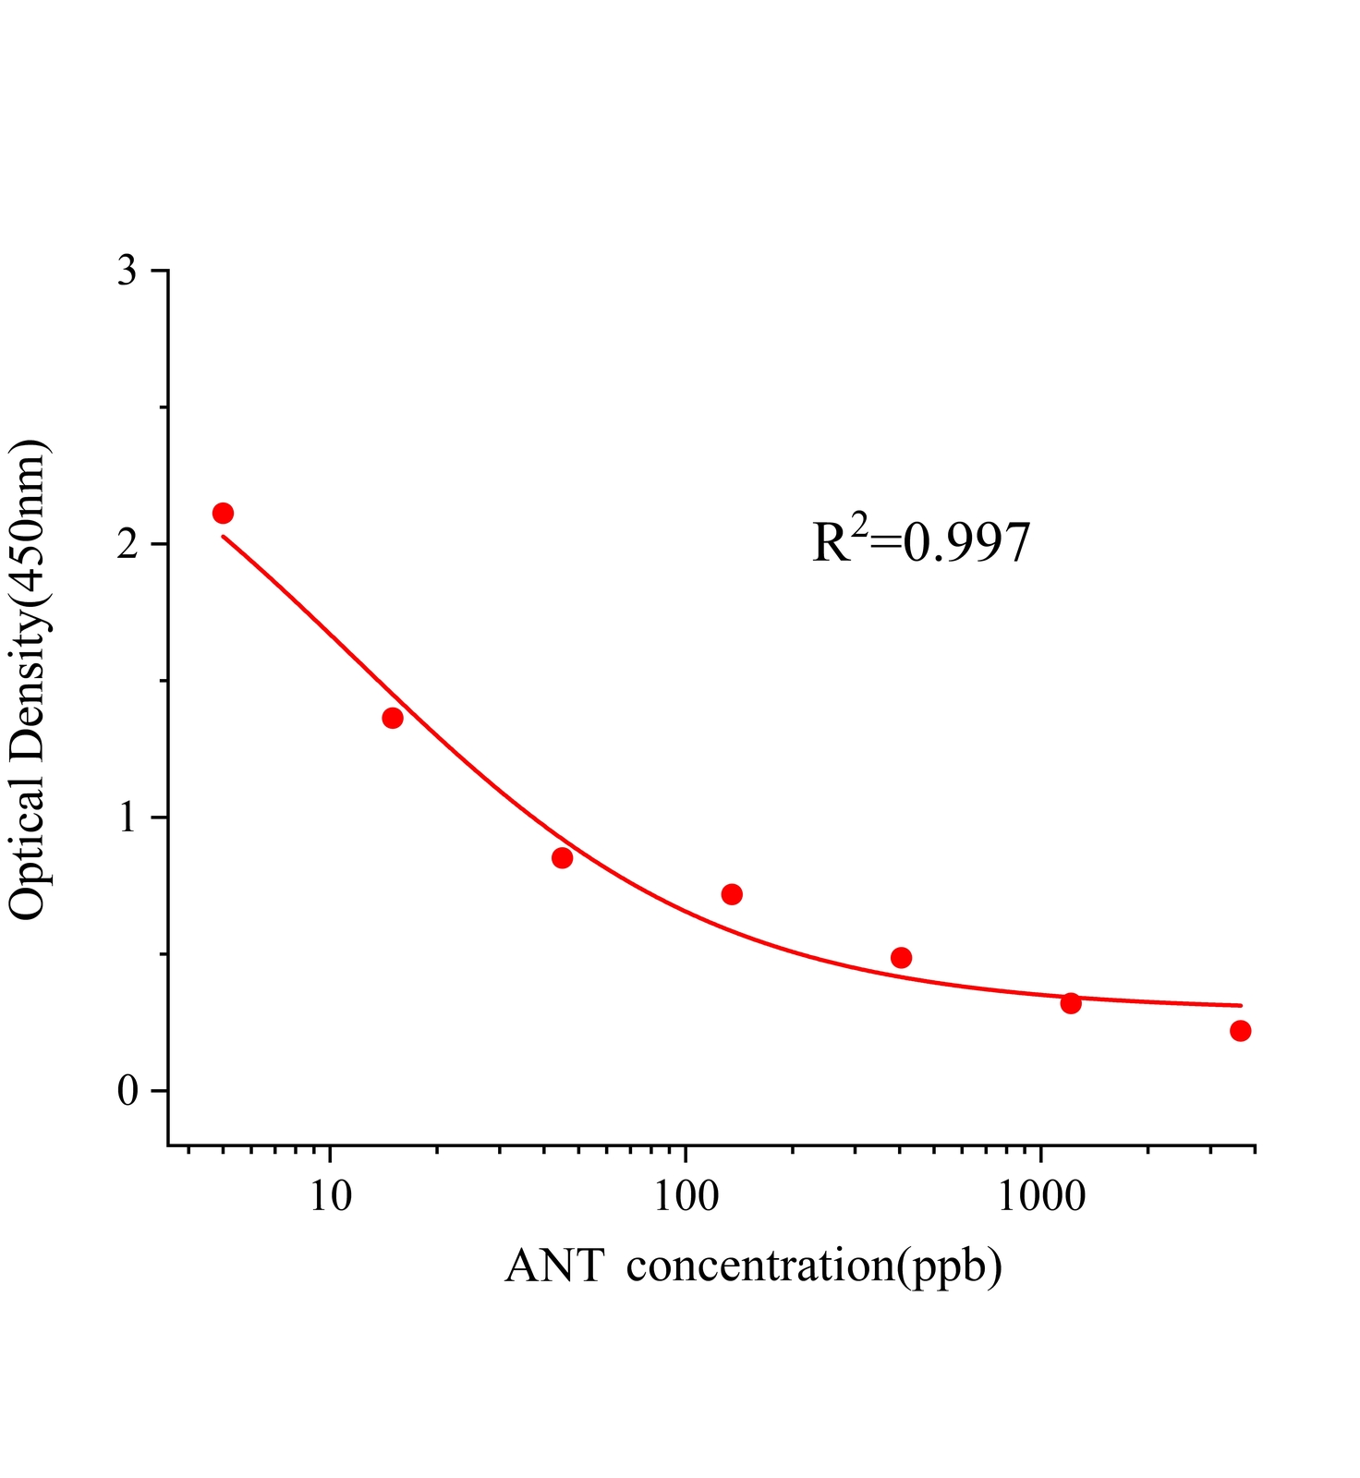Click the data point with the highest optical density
[x=223, y=513]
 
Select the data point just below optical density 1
[x=562, y=858]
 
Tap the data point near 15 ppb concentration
[x=393, y=718]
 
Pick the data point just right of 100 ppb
[x=732, y=894]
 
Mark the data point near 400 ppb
[x=902, y=957]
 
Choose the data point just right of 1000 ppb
[x=1071, y=1003]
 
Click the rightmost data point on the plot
[x=1241, y=1031]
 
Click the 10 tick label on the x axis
[x=330, y=1197]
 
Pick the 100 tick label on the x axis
[x=685, y=1197]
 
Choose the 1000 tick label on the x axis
[x=1042, y=1197]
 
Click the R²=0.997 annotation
[x=921, y=541]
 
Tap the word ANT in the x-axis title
[x=554, y=1266]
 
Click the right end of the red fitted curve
[x=1241, y=1005]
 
